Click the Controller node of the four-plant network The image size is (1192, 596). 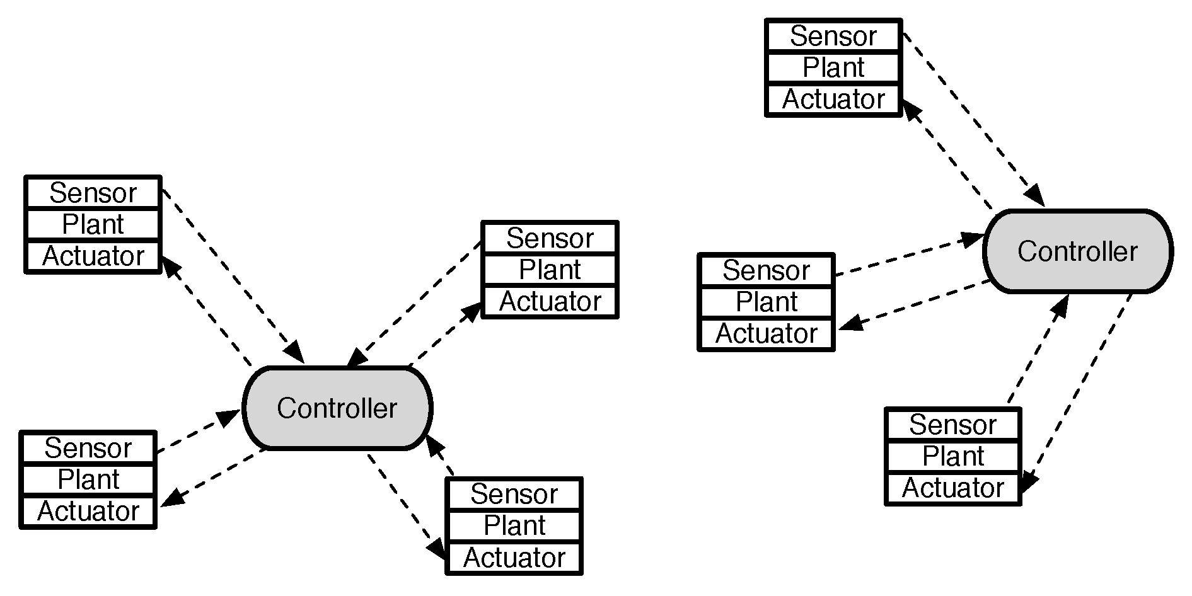click(x=337, y=408)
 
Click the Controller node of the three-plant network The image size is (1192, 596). click(x=1077, y=251)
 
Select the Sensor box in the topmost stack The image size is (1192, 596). click(x=833, y=37)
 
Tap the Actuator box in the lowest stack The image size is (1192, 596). click(x=514, y=558)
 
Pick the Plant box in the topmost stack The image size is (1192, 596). click(x=833, y=68)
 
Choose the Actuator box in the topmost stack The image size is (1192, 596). click(x=833, y=100)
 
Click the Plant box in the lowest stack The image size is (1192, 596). click(x=514, y=526)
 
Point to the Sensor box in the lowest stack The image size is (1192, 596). click(x=514, y=495)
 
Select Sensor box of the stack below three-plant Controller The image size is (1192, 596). click(x=952, y=425)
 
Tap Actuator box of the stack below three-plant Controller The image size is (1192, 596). click(x=952, y=488)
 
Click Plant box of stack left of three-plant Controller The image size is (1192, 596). click(x=766, y=302)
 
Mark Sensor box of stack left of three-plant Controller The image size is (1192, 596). click(x=766, y=271)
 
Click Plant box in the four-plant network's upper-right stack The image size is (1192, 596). click(x=550, y=270)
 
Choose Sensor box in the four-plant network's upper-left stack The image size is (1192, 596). click(x=93, y=193)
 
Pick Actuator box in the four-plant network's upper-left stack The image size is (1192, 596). click(x=93, y=256)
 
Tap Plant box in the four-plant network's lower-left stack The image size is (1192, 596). click(x=88, y=480)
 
